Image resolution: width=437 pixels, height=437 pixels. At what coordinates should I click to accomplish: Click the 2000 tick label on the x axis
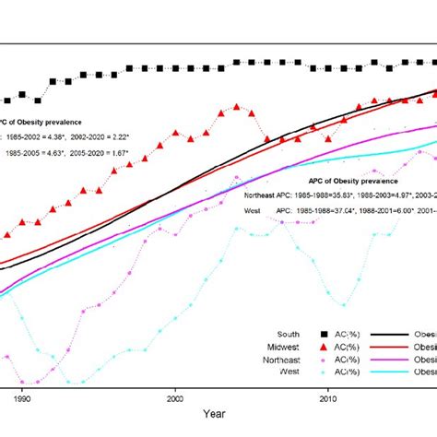pyautogui.click(x=175, y=399)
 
